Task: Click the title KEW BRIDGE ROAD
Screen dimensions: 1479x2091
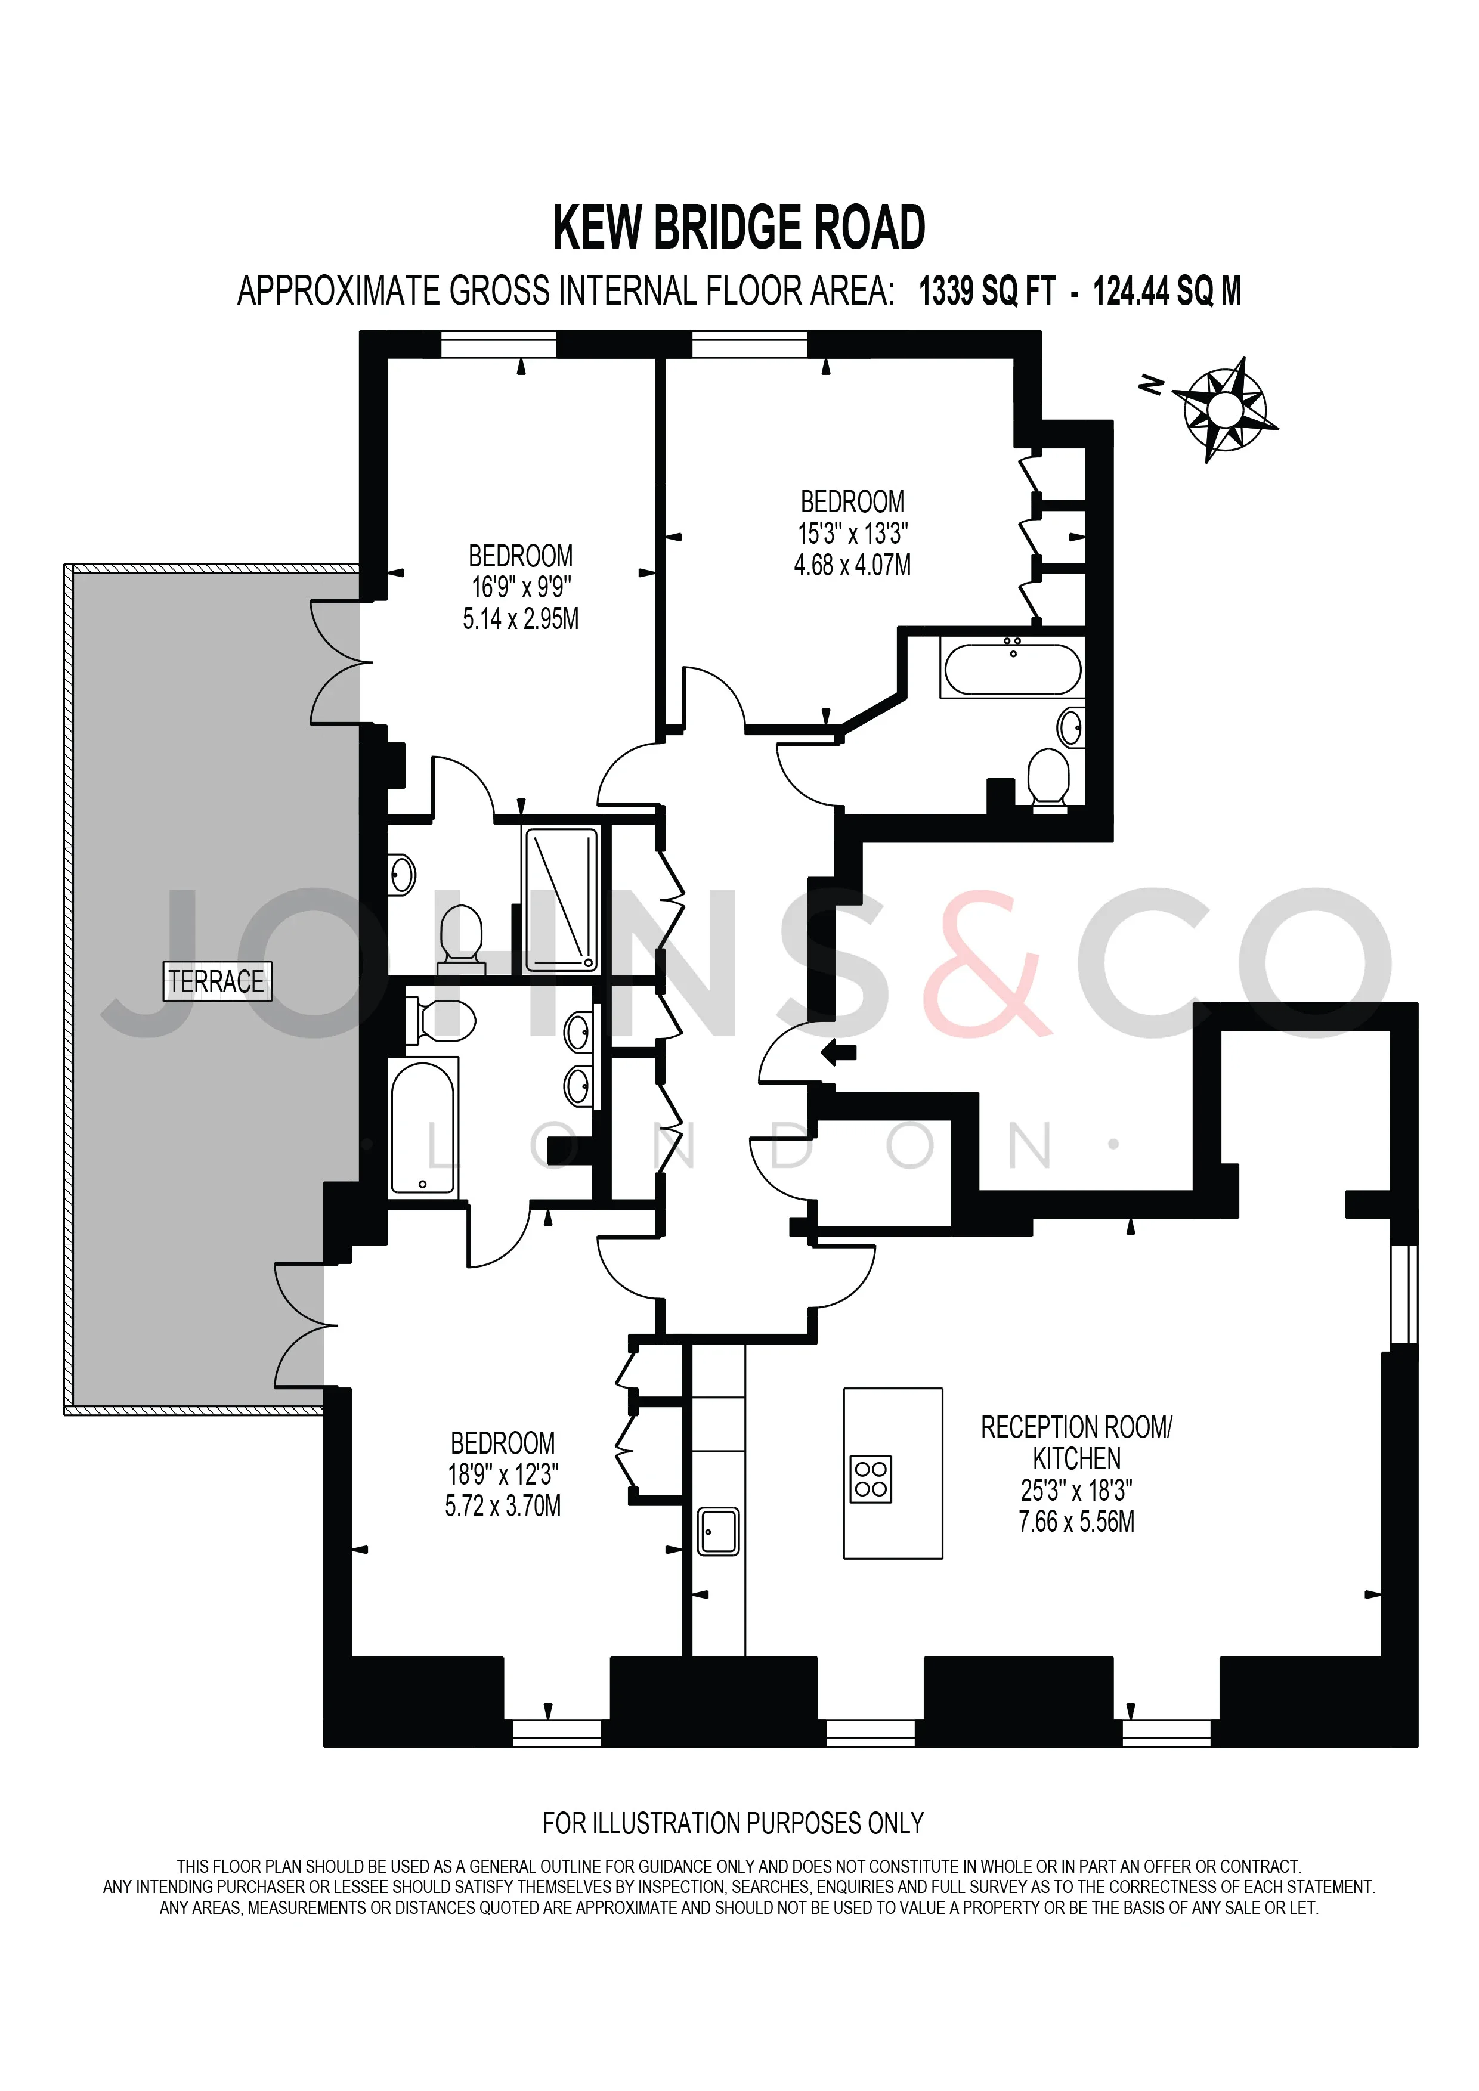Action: tap(739, 228)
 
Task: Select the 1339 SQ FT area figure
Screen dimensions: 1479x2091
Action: tap(987, 292)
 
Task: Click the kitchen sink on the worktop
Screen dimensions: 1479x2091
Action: tap(719, 1531)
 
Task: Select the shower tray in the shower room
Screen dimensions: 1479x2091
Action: tap(561, 899)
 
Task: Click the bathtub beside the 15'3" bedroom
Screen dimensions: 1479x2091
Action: tap(1013, 670)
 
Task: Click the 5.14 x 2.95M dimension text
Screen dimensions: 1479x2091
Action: tap(521, 619)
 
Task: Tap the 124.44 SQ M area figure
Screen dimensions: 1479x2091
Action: tap(1167, 292)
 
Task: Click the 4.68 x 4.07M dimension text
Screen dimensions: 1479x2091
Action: tap(852, 566)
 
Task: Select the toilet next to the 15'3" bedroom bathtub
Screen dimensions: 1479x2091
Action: tap(1048, 777)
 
